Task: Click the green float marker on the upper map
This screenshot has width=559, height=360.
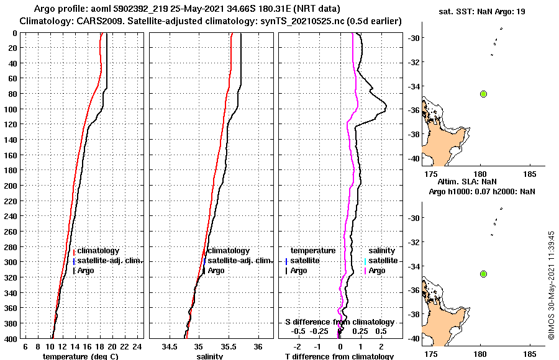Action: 484,94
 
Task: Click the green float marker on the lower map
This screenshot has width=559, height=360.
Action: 484,274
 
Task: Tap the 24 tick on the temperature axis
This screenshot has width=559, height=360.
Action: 139,346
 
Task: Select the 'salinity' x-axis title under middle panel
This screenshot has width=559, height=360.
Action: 210,356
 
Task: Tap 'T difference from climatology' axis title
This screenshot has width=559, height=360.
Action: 339,356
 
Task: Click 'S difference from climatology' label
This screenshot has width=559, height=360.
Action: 339,322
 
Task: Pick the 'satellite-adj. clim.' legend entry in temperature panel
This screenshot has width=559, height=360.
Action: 109,261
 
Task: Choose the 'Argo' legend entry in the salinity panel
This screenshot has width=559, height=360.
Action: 216,271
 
